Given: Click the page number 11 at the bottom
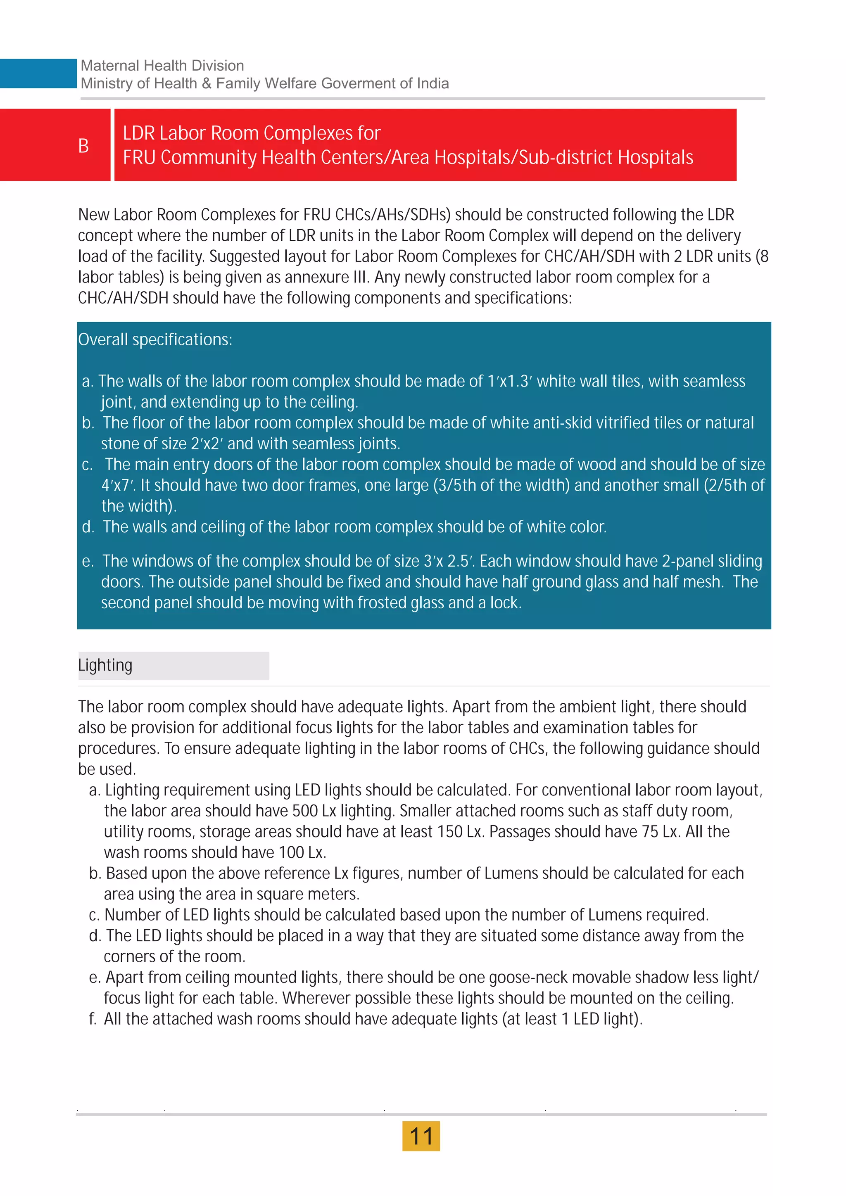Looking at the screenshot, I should pos(421,1136).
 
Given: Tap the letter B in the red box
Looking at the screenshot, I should pos(83,146).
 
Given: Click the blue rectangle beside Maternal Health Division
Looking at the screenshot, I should pos(38,74).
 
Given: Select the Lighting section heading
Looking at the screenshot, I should pos(105,665).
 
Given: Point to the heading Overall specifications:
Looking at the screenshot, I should pos(155,339).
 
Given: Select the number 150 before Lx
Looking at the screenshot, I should pos(450,831).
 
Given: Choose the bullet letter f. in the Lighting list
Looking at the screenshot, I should pos(93,1019).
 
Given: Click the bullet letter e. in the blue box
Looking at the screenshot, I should pos(88,561).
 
